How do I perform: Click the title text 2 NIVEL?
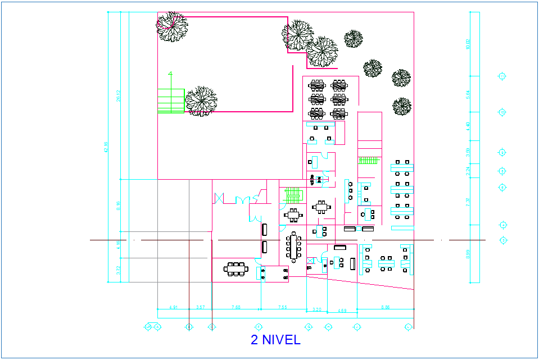275,340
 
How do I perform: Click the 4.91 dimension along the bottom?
174,307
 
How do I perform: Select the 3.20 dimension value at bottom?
316,309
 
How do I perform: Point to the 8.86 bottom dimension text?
386,307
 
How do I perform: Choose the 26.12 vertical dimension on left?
119,96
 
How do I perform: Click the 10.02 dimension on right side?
468,44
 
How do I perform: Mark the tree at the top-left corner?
171,26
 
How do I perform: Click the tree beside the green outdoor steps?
201,101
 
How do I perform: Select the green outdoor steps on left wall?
171,100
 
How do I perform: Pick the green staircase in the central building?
292,195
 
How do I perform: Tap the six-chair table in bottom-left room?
235,269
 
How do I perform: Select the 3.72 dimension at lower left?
119,270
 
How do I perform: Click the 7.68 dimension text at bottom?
236,307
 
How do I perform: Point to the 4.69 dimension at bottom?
342,311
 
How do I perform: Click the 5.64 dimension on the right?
468,94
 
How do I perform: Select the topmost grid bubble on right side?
502,76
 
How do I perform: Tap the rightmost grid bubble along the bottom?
409,326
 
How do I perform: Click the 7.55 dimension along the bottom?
283,307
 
